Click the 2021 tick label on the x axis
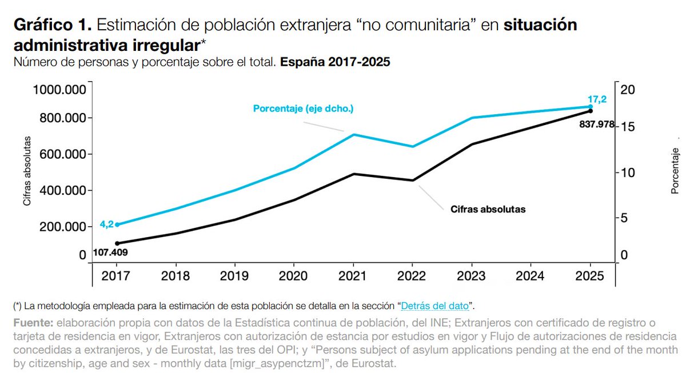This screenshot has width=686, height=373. pos(353,276)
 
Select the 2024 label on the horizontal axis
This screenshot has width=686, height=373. pos(530,276)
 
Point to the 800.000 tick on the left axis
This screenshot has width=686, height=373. pos(59,118)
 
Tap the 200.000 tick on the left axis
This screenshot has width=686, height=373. pos(59,227)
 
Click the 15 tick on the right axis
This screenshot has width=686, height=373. pos(628,127)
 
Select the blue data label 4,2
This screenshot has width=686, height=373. pos(106,224)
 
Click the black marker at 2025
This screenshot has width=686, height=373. pos(591,111)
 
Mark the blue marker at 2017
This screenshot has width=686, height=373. pos(118,224)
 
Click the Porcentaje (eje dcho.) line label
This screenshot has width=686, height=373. pos(303,109)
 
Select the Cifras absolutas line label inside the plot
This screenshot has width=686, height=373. pos(484,209)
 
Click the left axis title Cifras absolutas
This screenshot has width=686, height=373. pos(26,171)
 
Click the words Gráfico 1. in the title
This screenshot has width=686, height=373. pos(52,26)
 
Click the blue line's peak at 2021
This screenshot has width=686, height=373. pos(354,135)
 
